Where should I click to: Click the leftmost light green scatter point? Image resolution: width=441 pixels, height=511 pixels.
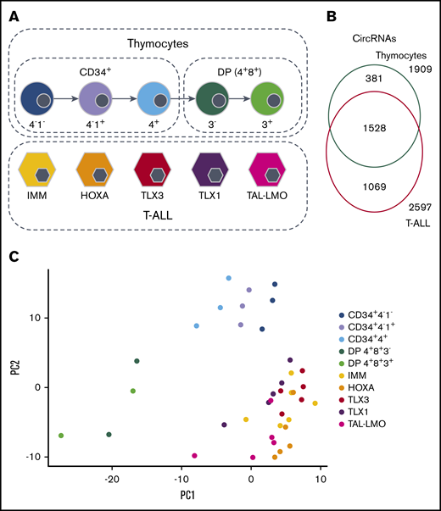coord(61,436)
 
